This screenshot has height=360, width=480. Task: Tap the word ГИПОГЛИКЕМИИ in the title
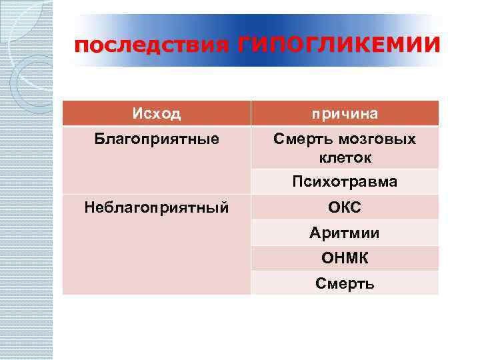(x=338, y=45)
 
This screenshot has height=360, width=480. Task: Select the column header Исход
(x=156, y=113)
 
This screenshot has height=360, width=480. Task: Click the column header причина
(x=345, y=114)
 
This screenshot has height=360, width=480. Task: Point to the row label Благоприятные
(x=156, y=139)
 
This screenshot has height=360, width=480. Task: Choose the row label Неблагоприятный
(x=156, y=207)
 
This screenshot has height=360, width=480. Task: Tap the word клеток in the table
(x=345, y=158)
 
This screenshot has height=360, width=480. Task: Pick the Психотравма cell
(x=345, y=181)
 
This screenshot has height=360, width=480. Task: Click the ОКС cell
(x=345, y=207)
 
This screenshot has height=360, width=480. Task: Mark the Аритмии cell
(x=345, y=233)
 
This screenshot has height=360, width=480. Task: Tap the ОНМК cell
(x=345, y=258)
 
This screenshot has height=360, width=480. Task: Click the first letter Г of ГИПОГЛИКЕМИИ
(x=243, y=45)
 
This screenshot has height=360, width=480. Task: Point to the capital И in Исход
(x=137, y=113)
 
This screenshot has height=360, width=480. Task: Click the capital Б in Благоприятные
(x=98, y=139)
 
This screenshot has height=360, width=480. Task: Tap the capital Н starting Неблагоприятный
(x=89, y=207)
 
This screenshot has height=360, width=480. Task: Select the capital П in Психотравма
(x=297, y=181)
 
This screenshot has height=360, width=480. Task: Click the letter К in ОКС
(x=345, y=207)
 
